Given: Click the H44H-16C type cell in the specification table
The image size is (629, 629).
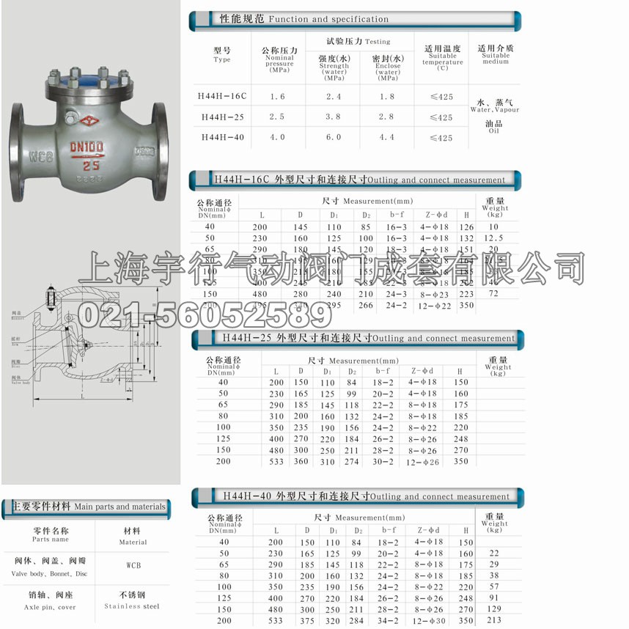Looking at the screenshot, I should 222,96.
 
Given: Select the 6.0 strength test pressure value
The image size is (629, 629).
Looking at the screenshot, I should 334,137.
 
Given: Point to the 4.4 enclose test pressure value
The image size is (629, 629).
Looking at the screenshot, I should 388,137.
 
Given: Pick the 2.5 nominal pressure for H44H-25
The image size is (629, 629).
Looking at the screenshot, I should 278,117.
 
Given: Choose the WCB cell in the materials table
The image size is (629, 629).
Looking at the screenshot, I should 133,567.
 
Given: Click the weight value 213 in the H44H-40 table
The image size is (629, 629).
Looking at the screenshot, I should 495,621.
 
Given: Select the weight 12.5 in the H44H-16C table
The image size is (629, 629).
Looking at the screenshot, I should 495,238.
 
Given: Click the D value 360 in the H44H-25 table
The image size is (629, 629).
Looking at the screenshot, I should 301,461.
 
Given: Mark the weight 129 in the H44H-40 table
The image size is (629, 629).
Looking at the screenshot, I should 495,609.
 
